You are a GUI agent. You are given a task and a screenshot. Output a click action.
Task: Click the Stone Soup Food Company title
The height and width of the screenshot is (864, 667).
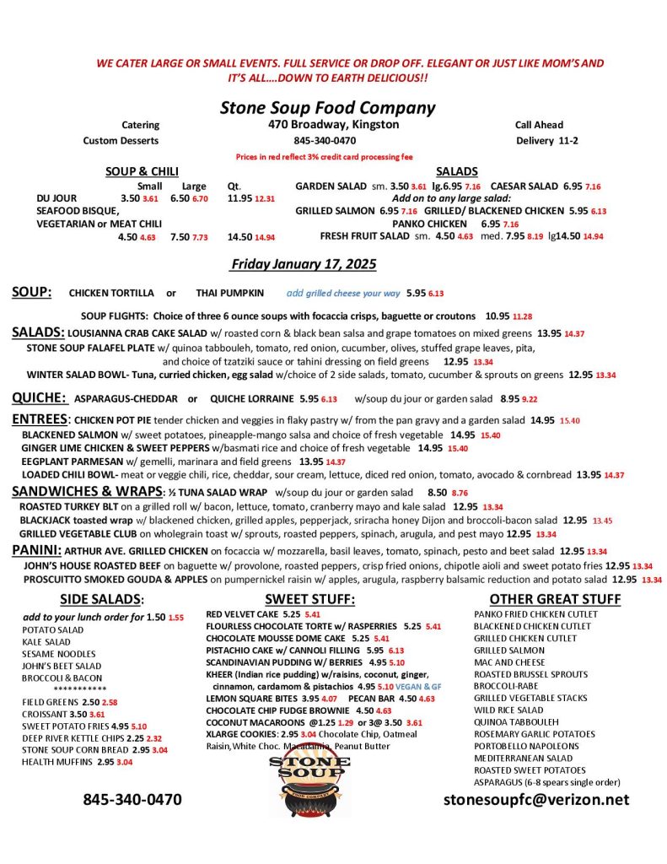(x=327, y=108)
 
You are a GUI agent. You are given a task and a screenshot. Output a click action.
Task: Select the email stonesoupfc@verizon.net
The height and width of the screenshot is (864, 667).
(x=536, y=799)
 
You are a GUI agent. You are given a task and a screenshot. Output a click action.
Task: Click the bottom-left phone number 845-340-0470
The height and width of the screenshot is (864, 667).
(x=132, y=799)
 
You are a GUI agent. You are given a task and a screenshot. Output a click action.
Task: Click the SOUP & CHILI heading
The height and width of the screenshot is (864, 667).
(x=141, y=171)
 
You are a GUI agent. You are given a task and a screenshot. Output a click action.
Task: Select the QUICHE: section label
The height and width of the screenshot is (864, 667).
(x=40, y=397)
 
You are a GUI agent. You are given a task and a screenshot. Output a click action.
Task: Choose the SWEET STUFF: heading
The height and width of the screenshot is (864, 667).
(x=309, y=599)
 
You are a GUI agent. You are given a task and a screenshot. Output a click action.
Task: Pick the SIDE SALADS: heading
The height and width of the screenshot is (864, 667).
(x=102, y=599)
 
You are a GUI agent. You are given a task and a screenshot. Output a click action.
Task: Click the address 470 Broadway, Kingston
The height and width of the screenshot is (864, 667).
(x=328, y=125)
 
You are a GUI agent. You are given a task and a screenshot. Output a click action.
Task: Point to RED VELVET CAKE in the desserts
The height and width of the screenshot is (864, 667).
(x=241, y=614)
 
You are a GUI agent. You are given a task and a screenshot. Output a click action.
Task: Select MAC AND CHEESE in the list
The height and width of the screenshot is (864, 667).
(x=509, y=662)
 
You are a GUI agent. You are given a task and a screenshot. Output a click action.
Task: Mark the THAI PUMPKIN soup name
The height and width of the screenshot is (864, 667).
(x=229, y=293)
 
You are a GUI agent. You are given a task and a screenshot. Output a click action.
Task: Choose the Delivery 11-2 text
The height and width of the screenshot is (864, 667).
(x=546, y=141)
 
